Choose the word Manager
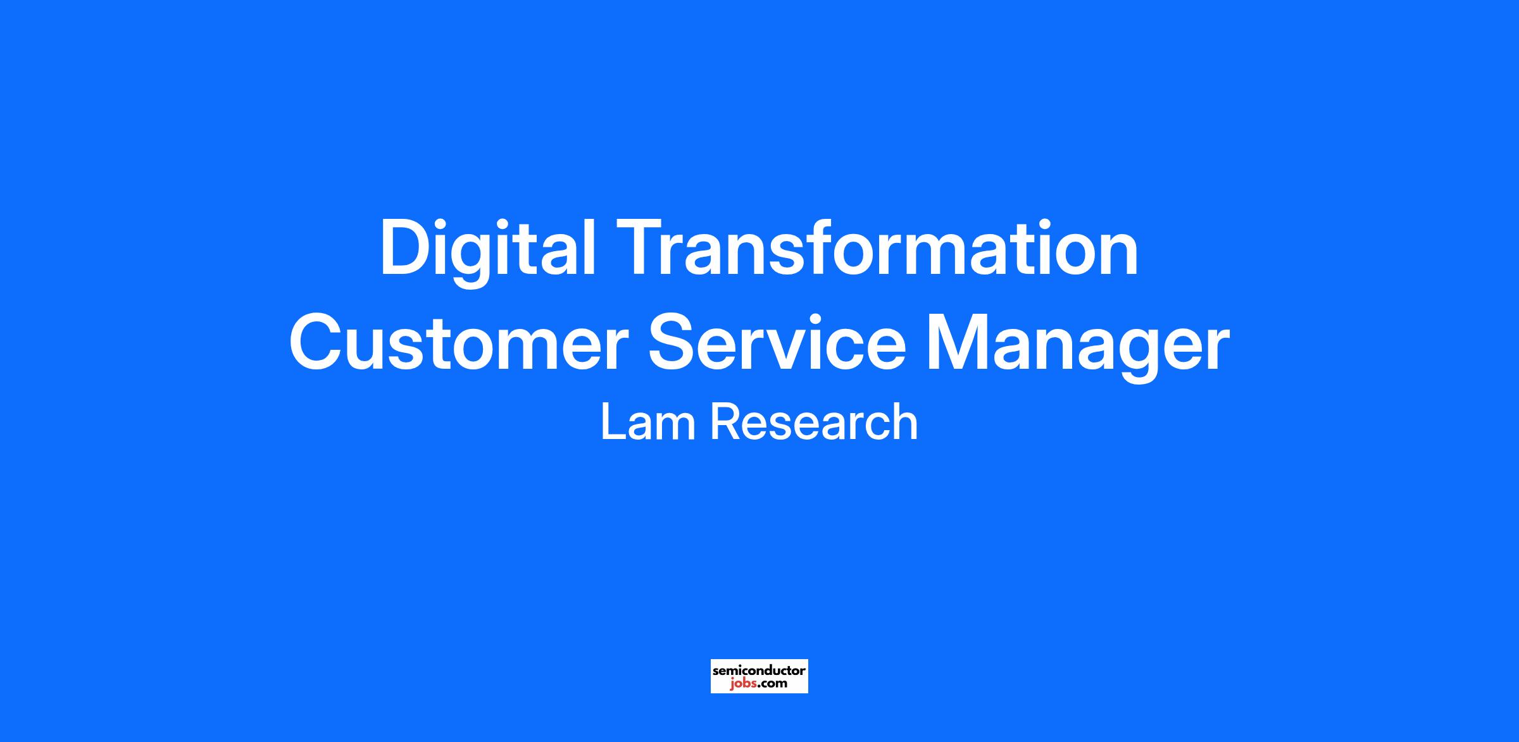click(1078, 349)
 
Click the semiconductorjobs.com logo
click(759, 676)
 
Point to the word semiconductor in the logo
click(759, 670)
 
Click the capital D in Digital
click(405, 247)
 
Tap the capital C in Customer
click(316, 342)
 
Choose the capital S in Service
click(673, 342)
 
